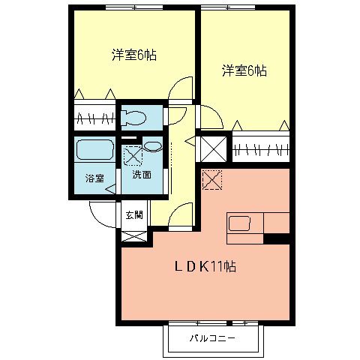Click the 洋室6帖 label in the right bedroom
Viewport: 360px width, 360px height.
(244, 71)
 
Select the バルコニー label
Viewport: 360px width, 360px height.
(212, 338)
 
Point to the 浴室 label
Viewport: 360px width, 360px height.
(94, 178)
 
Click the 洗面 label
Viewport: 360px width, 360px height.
(141, 175)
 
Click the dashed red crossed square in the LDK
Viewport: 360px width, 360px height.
(212, 180)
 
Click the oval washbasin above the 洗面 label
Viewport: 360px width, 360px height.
(152, 147)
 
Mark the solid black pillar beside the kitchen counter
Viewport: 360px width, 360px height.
(277, 239)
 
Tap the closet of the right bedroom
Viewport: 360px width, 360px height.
(260, 148)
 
